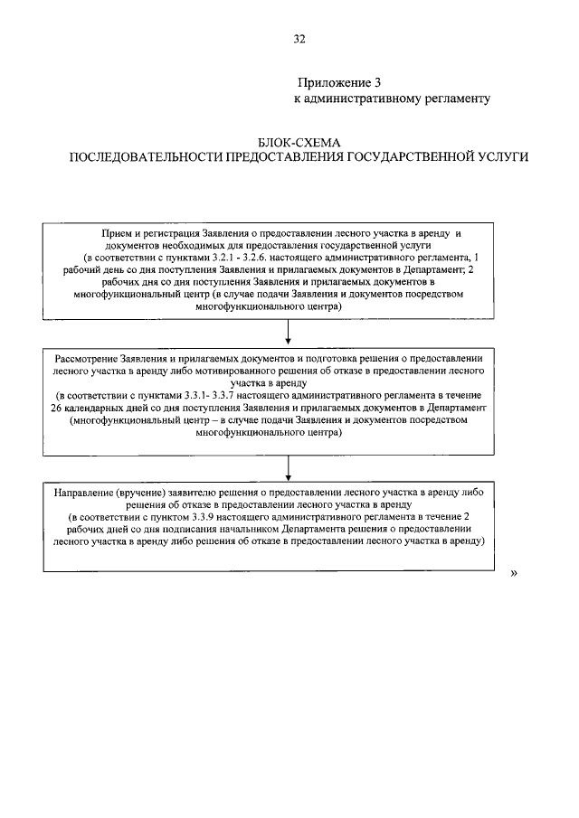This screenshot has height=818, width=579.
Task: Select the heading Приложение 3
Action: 338,81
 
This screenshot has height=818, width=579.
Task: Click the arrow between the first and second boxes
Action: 287,332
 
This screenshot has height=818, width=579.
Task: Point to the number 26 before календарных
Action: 59,409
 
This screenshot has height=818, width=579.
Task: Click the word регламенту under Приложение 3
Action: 456,98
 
